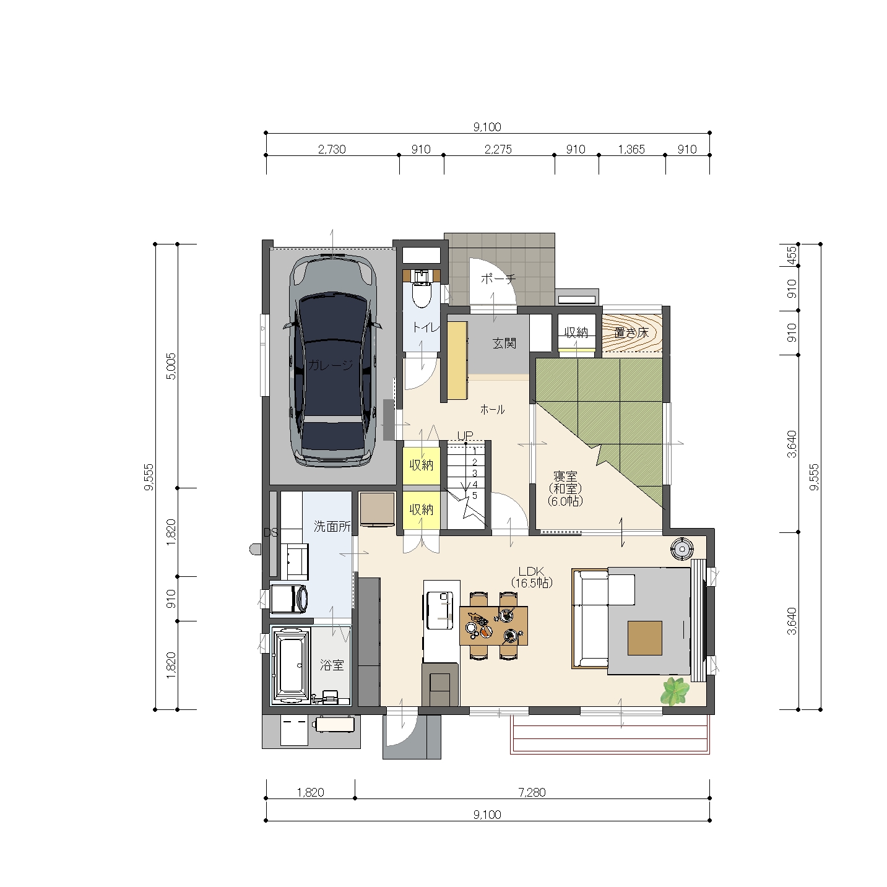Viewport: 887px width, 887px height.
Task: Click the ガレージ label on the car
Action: pyautogui.click(x=330, y=365)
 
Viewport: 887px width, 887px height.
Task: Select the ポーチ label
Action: pyautogui.click(x=498, y=279)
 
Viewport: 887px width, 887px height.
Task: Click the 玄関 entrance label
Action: pyautogui.click(x=504, y=343)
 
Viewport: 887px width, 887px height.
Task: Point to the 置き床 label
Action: pyautogui.click(x=631, y=333)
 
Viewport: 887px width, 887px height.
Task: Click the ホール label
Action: pyautogui.click(x=492, y=409)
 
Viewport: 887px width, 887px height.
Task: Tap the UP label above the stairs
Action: pyautogui.click(x=465, y=435)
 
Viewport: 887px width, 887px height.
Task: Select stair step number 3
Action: pyautogui.click(x=475, y=473)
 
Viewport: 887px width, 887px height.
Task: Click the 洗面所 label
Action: pyautogui.click(x=332, y=527)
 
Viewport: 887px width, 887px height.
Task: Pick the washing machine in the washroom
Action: pyautogui.click(x=289, y=599)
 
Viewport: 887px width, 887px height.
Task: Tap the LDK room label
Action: pyautogui.click(x=531, y=578)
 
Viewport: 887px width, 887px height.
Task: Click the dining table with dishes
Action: pyautogui.click(x=493, y=626)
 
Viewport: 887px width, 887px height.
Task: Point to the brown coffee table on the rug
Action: pyautogui.click(x=645, y=638)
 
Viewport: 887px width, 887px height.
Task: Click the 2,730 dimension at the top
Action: pyautogui.click(x=331, y=149)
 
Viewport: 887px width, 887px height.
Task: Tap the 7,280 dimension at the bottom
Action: pyautogui.click(x=532, y=792)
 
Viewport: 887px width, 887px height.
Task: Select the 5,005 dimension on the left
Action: pyautogui.click(x=171, y=366)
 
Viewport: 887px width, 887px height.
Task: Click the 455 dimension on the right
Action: pyautogui.click(x=791, y=255)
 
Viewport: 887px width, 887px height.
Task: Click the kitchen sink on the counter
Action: pyautogui.click(x=440, y=610)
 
